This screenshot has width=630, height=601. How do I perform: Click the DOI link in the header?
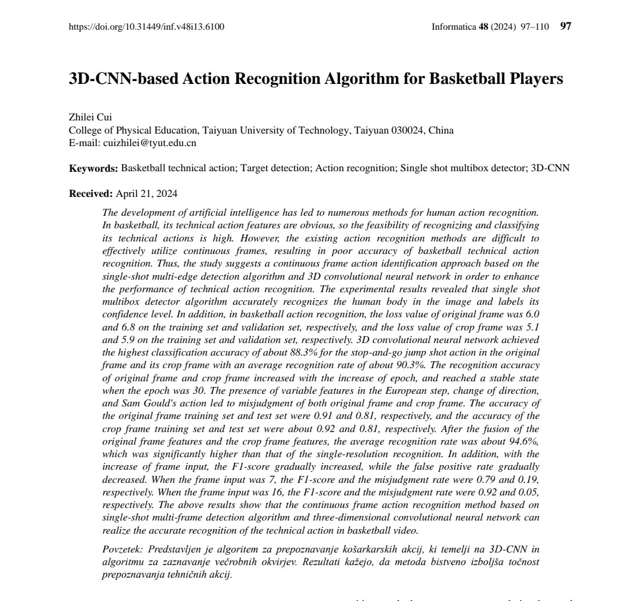[x=146, y=26]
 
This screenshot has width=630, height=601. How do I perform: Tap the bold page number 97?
[x=566, y=26]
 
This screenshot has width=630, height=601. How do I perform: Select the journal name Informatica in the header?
[x=454, y=26]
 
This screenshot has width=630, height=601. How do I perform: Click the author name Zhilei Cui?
[x=90, y=118]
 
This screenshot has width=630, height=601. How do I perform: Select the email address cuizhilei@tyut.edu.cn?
[x=149, y=143]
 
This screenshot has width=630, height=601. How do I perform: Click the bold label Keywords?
[x=94, y=168]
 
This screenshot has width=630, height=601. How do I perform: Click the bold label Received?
[x=91, y=193]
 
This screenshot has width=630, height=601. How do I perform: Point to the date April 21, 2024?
[x=147, y=193]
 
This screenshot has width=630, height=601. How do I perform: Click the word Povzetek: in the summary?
[x=123, y=550]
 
